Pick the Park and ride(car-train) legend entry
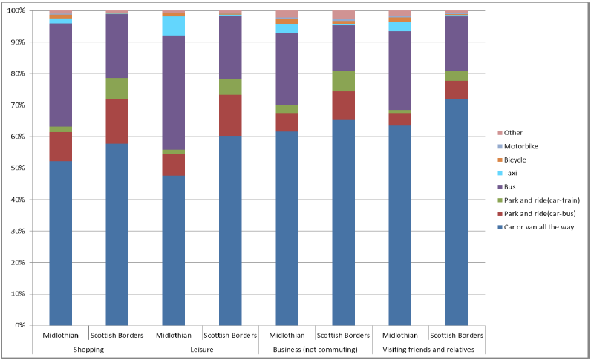tap(537, 200)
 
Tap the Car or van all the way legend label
tap(538, 227)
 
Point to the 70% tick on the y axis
tap(16, 105)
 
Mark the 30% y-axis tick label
tap(16, 231)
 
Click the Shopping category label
tap(88, 348)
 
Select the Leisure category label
tap(202, 348)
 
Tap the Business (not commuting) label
tap(315, 348)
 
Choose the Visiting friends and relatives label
tap(428, 348)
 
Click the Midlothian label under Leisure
tap(174, 335)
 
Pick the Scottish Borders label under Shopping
tap(117, 335)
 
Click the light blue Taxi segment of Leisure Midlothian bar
tap(174, 26)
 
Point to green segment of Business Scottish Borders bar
tap(344, 81)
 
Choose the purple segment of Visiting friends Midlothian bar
tap(400, 71)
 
